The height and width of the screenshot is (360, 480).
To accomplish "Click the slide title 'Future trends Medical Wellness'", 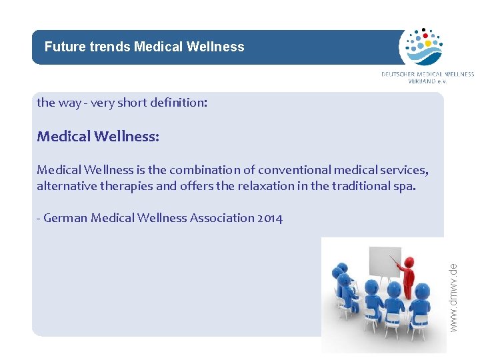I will [144, 47].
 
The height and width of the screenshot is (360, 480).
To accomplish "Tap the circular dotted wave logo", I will [421, 46].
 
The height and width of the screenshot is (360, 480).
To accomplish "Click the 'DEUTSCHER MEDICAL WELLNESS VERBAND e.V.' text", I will [427, 77].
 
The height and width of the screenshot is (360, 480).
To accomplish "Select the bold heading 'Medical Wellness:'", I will [98, 137].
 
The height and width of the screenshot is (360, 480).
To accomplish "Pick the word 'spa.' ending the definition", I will [405, 187].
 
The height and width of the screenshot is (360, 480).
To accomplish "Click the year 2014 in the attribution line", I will [269, 218].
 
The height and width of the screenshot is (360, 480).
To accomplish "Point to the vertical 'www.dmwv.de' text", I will [453, 297].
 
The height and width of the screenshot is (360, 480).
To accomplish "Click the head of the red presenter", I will [409, 261].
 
